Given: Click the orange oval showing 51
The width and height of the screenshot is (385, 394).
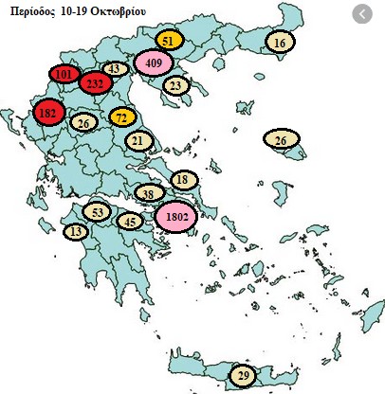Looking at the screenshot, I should click(x=167, y=41).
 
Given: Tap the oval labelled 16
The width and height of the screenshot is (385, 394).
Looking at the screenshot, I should click(x=280, y=43).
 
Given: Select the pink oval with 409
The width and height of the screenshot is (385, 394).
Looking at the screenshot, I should click(x=155, y=63).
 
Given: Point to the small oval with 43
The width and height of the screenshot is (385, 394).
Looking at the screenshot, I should click(x=114, y=68).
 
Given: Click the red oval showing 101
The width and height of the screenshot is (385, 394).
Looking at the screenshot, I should click(x=64, y=74).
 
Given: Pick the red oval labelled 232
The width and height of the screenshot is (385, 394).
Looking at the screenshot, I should click(x=95, y=83).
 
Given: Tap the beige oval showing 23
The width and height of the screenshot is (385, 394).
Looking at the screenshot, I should click(x=174, y=85).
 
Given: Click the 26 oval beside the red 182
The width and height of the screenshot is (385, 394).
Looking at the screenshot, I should click(x=83, y=123).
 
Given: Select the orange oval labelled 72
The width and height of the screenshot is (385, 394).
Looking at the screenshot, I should click(x=122, y=117).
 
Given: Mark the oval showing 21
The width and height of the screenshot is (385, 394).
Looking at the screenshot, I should click(x=138, y=141).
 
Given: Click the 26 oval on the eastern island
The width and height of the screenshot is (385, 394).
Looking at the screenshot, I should click(x=281, y=141).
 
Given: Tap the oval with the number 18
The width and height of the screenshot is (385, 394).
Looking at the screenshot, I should click(x=184, y=181).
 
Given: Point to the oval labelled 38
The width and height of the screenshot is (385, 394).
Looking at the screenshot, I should click(x=148, y=194).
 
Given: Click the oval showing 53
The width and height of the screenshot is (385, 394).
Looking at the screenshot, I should click(x=98, y=211).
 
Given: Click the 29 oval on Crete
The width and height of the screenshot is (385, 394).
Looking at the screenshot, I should click(x=244, y=376).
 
